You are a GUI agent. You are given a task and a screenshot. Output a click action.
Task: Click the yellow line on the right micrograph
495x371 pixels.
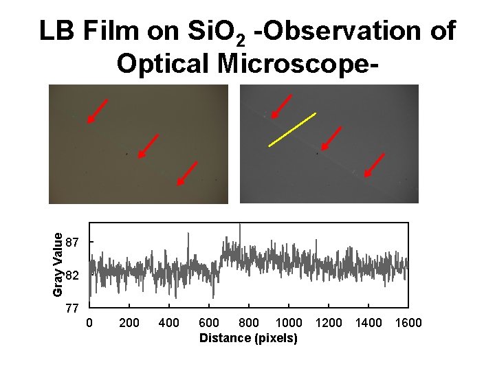(x=291, y=129)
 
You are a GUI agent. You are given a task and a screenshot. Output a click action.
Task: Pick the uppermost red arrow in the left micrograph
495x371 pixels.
(x=97, y=111)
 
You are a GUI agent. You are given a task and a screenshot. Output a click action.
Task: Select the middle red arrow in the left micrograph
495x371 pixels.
(x=149, y=145)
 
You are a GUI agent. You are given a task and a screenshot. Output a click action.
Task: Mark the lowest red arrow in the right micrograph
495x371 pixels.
(x=375, y=164)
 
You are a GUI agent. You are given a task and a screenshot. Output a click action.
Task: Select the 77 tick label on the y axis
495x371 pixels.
(x=72, y=308)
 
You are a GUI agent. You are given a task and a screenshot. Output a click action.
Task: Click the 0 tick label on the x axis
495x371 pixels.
(x=89, y=323)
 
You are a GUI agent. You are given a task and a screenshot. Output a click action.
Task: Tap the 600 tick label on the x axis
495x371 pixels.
(x=209, y=323)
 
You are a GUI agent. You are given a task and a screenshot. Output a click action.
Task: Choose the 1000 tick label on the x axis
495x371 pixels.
(x=288, y=323)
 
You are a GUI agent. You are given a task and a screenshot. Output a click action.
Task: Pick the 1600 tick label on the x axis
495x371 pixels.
(x=408, y=323)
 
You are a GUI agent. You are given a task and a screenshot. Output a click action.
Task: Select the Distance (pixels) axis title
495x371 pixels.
(x=248, y=338)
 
